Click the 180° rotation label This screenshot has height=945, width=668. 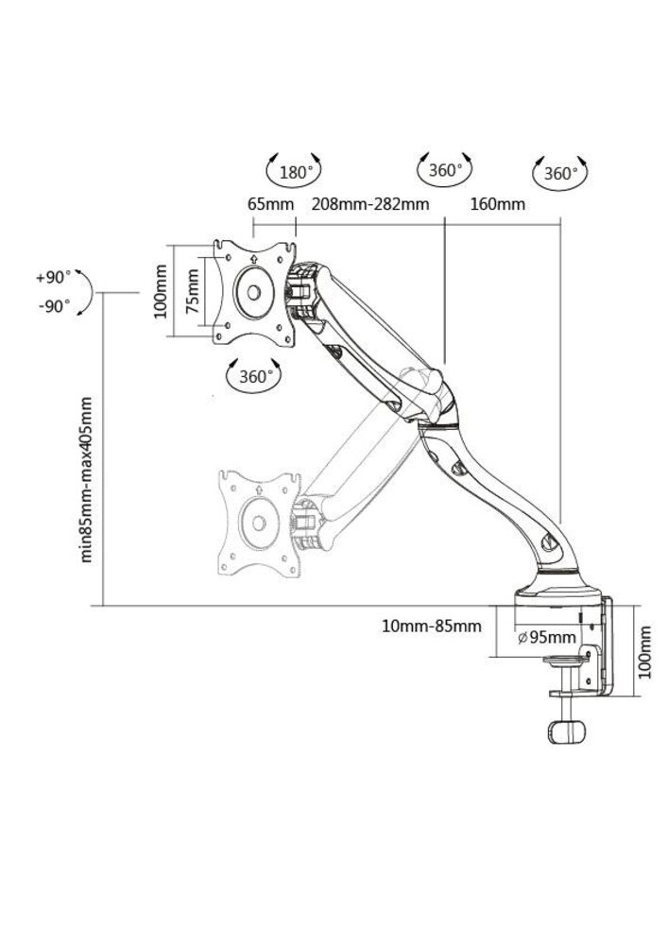click(297, 172)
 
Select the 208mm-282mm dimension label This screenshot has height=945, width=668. click(369, 204)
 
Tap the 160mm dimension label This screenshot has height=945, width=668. click(498, 204)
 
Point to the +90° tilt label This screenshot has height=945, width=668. click(53, 278)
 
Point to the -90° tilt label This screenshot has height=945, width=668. click(53, 306)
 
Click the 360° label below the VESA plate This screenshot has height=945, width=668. click(256, 375)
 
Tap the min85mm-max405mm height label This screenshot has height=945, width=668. click(87, 479)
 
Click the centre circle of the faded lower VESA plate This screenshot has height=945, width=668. click(257, 522)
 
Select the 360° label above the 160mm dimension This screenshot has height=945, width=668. click(560, 174)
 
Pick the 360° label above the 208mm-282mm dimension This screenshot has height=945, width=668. click(444, 171)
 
